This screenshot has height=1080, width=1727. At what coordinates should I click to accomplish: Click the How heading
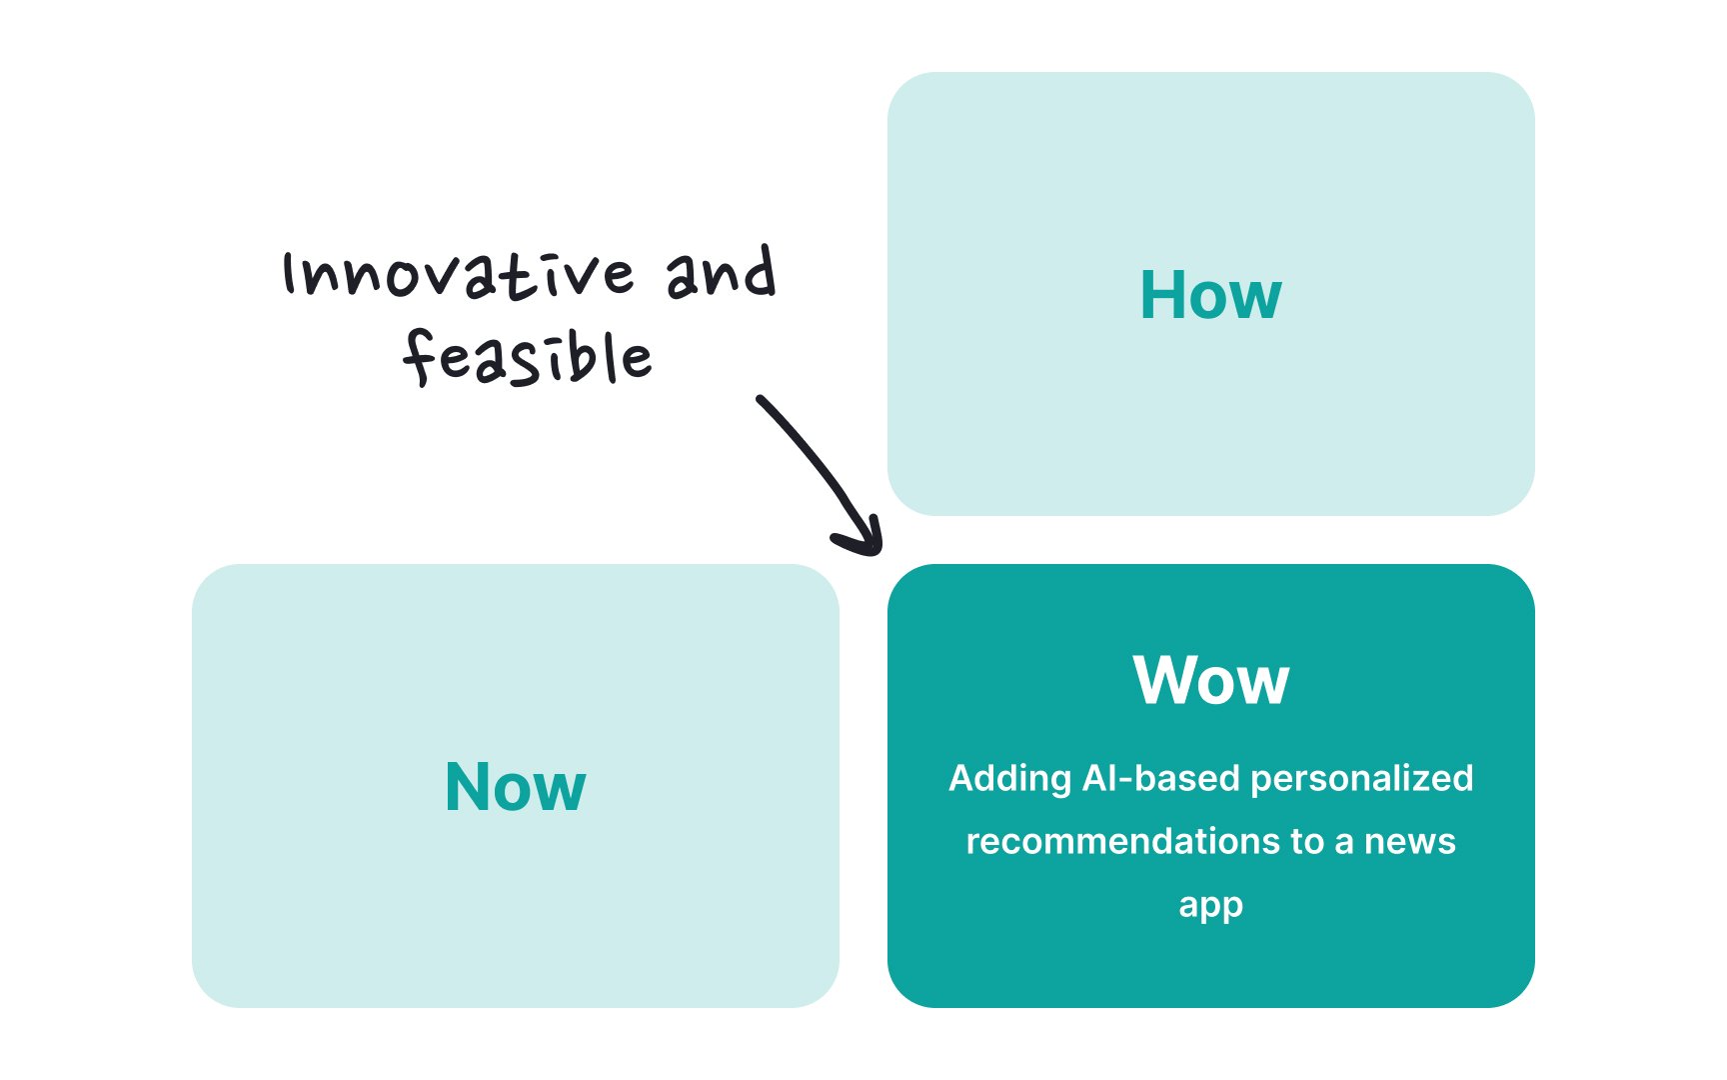coord(1210,295)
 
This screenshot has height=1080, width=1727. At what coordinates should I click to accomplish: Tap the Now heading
coord(515,787)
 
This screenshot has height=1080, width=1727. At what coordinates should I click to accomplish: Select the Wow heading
coord(1211,680)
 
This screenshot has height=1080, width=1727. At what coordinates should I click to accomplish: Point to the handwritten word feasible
coord(527,357)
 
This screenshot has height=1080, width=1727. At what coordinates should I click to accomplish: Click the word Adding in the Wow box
coord(1010,779)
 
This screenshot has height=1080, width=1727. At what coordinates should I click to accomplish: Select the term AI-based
coord(1161,778)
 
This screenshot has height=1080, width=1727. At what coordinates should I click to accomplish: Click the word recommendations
coord(1123,841)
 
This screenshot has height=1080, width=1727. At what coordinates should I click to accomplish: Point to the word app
coord(1210,906)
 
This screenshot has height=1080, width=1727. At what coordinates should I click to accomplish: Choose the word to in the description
coord(1307,842)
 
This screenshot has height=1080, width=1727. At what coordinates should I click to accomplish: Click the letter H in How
coord(1162,295)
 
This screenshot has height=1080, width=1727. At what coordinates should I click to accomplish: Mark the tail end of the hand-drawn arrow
coord(760,399)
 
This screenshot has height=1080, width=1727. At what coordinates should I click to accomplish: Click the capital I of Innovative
coord(290,273)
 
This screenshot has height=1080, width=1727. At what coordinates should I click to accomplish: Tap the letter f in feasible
coord(419,357)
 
